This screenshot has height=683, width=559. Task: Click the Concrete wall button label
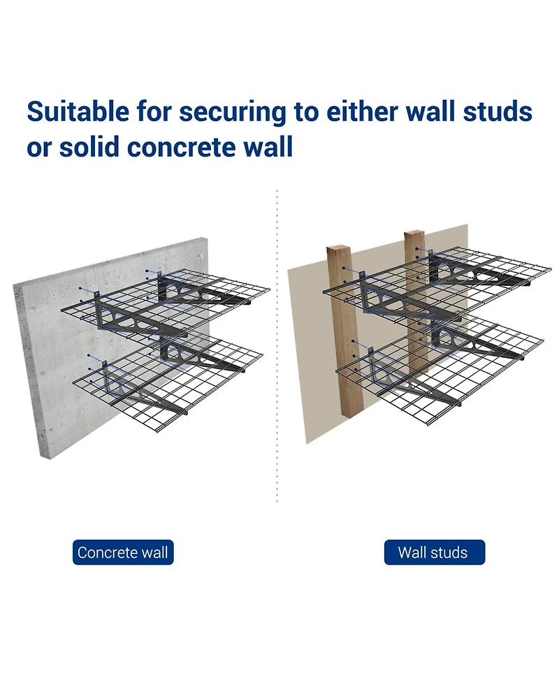(x=123, y=552)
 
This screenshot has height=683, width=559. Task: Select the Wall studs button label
(x=433, y=552)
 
